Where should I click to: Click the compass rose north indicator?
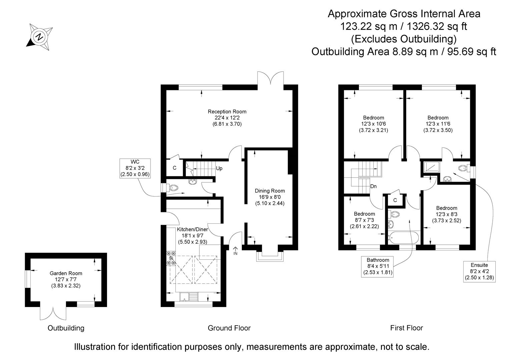tap(39, 36)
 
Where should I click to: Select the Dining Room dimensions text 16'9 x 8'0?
tap(270, 197)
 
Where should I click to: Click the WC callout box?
tap(135, 168)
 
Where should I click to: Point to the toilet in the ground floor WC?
tap(173, 188)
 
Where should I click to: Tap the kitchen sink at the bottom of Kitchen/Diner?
tap(189, 296)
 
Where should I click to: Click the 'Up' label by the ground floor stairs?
tap(219, 168)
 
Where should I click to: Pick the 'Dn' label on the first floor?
tap(373, 186)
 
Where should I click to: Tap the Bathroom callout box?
tap(378, 266)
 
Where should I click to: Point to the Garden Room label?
tap(66, 273)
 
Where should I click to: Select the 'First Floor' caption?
tap(406, 328)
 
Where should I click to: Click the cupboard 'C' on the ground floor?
tap(174, 168)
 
